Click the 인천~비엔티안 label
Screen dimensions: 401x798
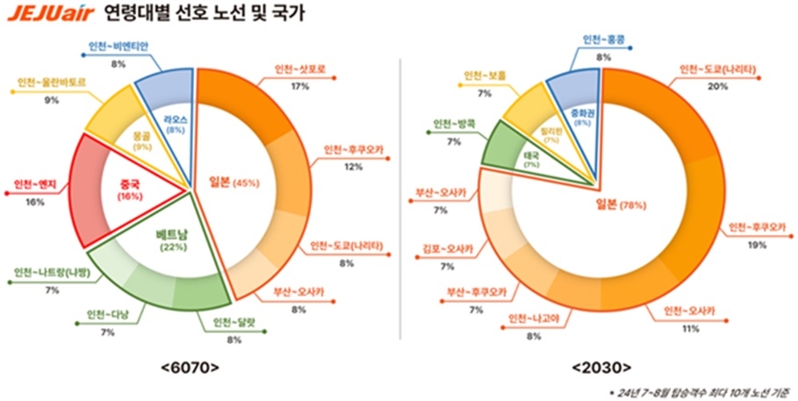tap(119, 47)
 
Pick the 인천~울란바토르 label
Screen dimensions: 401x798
tap(52, 84)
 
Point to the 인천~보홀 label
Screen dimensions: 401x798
tap(485, 75)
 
